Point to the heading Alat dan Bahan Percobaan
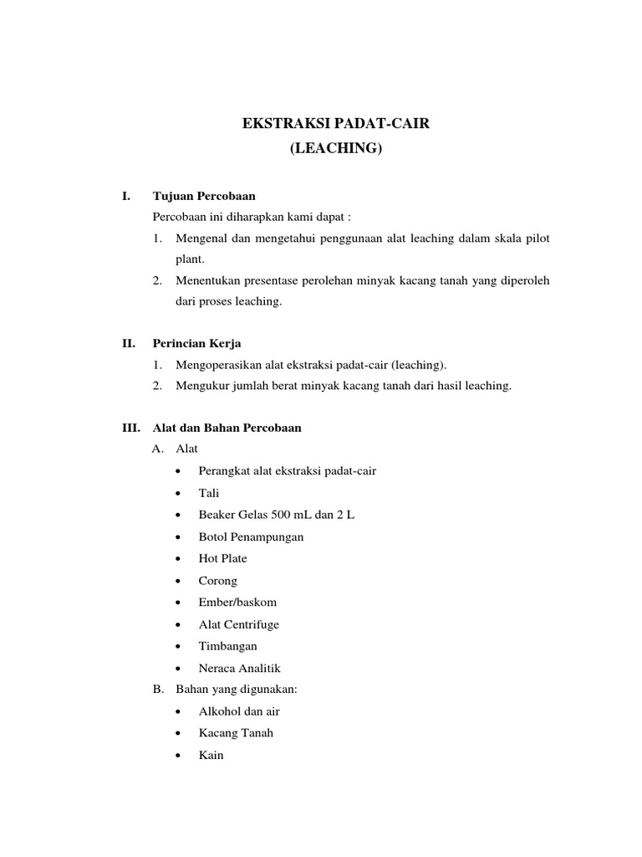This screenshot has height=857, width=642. coord(227,428)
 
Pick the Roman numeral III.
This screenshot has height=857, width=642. coord(131,428)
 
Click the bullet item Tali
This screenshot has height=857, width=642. coord(209,493)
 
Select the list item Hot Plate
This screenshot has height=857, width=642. coord(222,558)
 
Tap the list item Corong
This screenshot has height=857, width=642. coord(217,581)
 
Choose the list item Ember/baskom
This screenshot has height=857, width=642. coord(237,603)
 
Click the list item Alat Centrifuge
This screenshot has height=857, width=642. coord(238,624)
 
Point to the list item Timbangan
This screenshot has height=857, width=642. coord(227,646)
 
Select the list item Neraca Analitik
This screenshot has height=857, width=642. coord(240,668)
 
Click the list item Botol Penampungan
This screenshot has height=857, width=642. coord(251,536)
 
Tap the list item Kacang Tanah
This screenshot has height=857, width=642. coord(236,733)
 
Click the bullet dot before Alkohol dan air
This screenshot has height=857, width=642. coord(181,711)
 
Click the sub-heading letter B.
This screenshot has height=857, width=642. coord(157,690)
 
